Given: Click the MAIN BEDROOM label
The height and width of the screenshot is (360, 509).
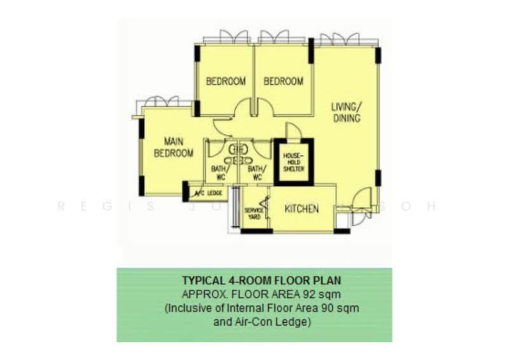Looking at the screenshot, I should click(x=174, y=148).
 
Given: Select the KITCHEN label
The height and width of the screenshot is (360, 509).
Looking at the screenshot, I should click(x=302, y=209).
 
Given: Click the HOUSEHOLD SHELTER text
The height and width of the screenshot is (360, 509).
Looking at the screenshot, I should click(x=294, y=162).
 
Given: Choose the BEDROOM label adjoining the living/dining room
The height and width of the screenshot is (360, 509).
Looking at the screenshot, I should click(x=283, y=81).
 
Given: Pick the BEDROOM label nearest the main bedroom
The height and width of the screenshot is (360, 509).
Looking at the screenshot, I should click(x=226, y=81).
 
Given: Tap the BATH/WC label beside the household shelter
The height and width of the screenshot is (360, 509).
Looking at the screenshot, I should click(x=255, y=174).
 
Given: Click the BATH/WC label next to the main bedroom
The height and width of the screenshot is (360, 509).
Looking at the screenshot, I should click(x=219, y=174).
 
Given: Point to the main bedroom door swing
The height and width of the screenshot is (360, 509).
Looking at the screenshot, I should click(x=218, y=128).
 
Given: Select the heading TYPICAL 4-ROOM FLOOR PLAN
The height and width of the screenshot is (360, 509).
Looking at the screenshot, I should click(x=253, y=280).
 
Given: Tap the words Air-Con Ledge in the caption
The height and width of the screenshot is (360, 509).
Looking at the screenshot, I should click(x=284, y=322).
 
